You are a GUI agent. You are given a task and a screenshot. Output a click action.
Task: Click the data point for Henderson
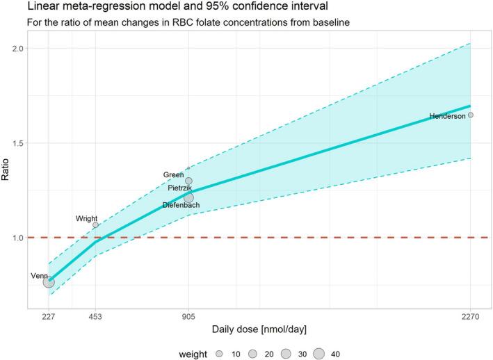pos(471,115)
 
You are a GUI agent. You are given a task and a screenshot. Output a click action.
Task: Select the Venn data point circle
pos(49,281)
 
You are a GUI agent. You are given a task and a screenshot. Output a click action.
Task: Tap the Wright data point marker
pos(96,225)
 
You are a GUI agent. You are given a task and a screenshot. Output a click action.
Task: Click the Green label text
pos(173,175)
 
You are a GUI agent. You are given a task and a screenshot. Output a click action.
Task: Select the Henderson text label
pos(447,116)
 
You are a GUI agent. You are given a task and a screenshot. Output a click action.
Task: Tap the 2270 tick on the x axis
pos(471,314)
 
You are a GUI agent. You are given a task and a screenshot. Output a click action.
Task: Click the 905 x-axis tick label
pos(188,314)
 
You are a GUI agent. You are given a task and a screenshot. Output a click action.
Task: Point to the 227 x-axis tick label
pos(49,314)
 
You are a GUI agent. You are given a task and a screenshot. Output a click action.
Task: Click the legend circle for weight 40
pos(319,354)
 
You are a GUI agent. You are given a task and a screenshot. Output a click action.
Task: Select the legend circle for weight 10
pos(218,354)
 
